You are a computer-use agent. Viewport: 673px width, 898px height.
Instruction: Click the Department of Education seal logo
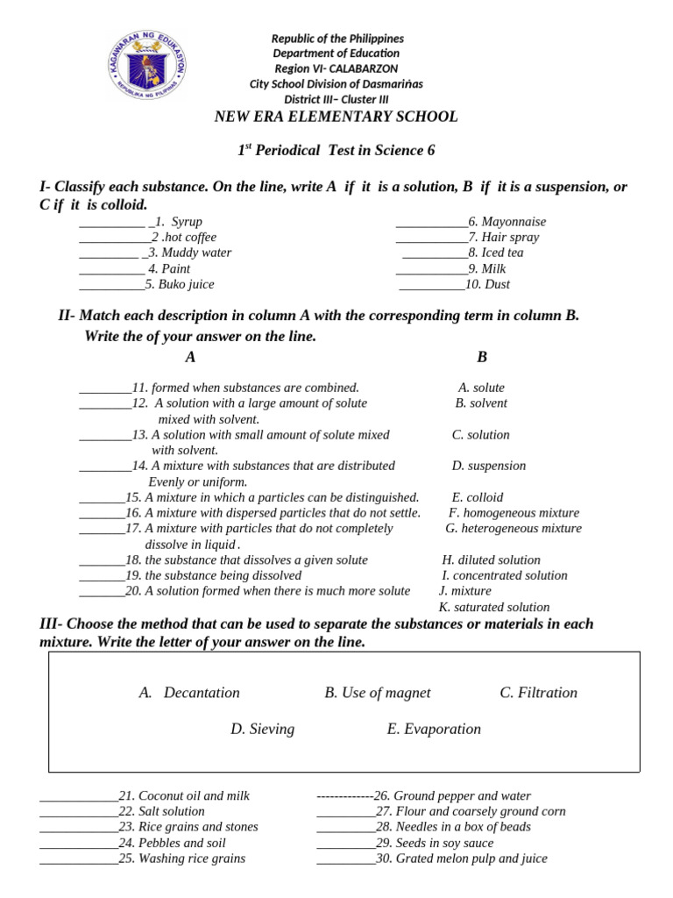click(x=148, y=65)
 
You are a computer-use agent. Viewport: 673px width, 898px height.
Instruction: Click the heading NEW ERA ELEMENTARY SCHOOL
click(x=336, y=117)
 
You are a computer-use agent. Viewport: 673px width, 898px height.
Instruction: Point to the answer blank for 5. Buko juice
click(x=111, y=284)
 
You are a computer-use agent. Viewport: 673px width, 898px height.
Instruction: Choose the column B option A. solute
click(x=481, y=388)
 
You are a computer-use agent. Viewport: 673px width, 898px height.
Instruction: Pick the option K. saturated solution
click(x=494, y=607)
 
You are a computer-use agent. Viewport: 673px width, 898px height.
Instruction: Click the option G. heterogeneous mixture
click(x=514, y=528)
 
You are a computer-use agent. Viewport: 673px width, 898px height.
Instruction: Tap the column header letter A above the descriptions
click(x=190, y=357)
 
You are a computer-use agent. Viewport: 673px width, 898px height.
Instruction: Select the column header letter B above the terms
click(x=481, y=357)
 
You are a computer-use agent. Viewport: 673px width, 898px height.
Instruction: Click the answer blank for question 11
click(x=104, y=388)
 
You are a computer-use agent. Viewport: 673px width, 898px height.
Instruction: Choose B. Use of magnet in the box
click(x=378, y=693)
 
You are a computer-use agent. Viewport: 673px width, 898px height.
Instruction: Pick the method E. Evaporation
click(x=434, y=729)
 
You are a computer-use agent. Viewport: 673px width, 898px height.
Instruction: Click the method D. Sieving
click(x=263, y=729)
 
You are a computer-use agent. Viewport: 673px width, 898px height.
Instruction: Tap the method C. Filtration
click(x=539, y=693)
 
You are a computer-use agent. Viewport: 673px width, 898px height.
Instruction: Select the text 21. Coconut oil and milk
click(x=184, y=795)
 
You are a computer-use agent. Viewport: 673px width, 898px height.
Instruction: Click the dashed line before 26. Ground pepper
click(x=344, y=795)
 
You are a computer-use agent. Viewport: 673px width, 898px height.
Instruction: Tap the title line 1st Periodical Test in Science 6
click(x=336, y=150)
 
